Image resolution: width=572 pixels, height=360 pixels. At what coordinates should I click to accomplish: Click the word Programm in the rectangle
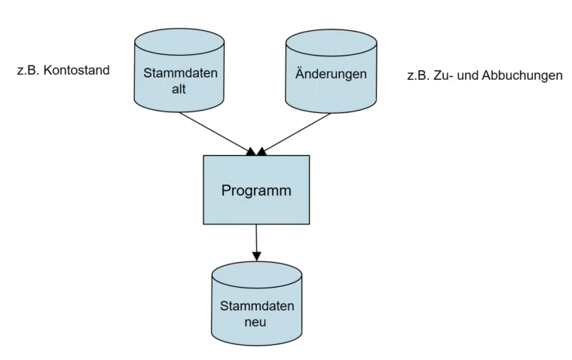click(x=256, y=191)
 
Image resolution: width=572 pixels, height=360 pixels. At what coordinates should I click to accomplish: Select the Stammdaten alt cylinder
click(x=179, y=70)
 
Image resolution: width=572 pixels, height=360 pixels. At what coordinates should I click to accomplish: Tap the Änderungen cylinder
click(x=331, y=71)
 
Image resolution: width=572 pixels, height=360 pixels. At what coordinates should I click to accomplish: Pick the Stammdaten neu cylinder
click(x=257, y=304)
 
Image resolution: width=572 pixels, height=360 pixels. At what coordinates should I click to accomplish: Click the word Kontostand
click(x=77, y=70)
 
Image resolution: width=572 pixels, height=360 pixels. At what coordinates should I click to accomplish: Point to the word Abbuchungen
click(x=522, y=75)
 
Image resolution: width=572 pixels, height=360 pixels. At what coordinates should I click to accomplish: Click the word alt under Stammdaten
click(x=179, y=89)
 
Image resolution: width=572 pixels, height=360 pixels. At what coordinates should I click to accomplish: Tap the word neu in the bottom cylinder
click(x=255, y=322)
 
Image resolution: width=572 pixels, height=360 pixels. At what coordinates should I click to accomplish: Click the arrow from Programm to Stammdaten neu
click(x=256, y=243)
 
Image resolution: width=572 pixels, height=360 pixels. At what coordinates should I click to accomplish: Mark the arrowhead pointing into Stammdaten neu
click(x=257, y=256)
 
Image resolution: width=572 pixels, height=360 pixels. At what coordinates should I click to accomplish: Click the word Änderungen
click(x=331, y=74)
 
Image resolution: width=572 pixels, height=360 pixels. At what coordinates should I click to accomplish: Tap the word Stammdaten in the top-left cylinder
click(x=180, y=73)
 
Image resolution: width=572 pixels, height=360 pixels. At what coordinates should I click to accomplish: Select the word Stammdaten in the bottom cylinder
click(x=257, y=306)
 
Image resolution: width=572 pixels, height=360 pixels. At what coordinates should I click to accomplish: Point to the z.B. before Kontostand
click(x=28, y=70)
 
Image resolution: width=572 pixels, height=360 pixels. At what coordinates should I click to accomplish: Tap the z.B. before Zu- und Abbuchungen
click(x=418, y=75)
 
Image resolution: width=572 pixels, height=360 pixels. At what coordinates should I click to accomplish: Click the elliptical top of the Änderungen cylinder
click(x=331, y=43)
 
